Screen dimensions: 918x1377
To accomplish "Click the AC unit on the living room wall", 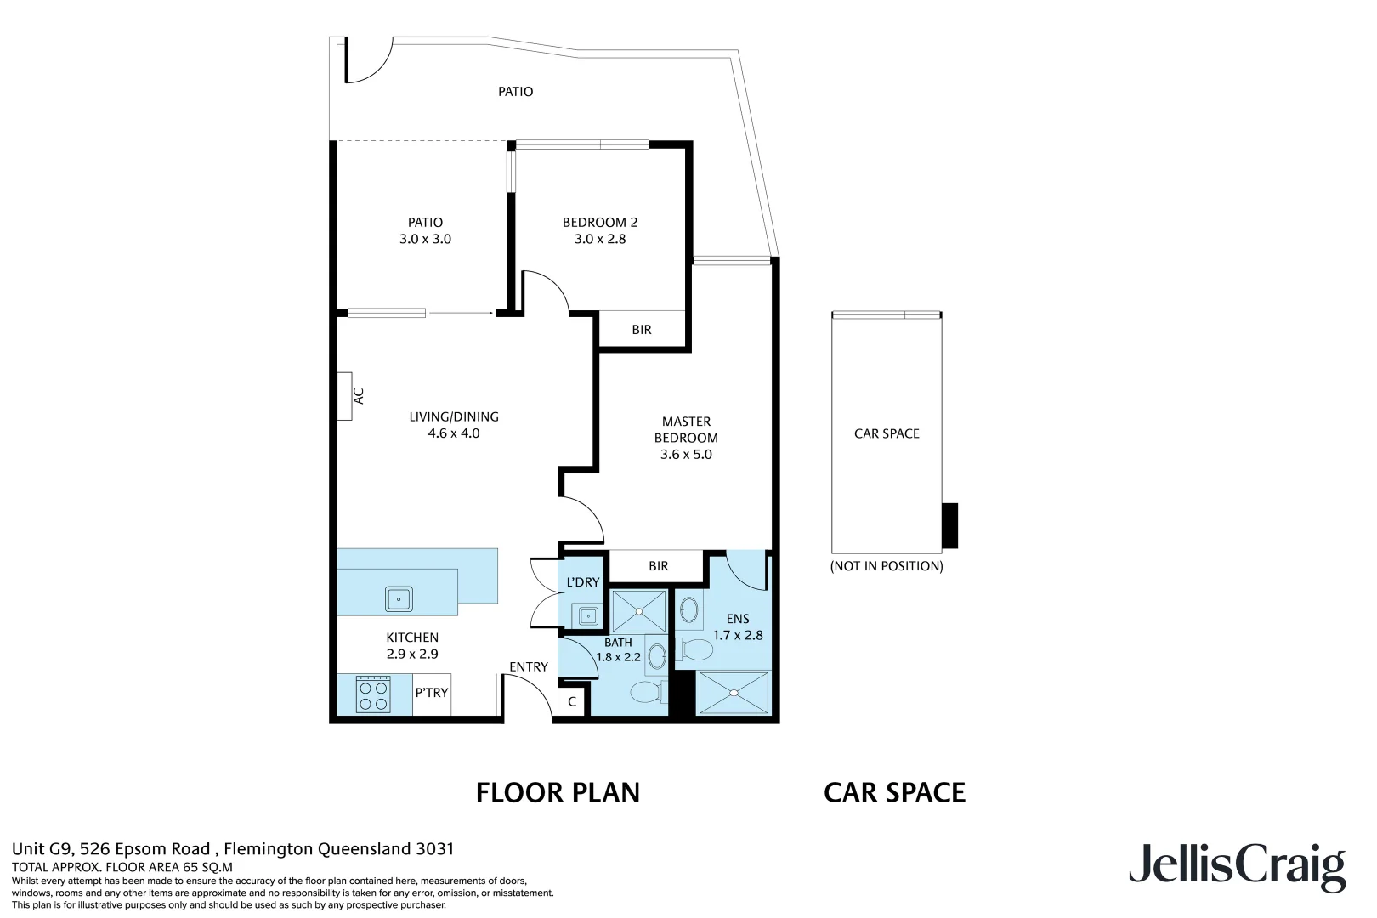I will click(x=344, y=396).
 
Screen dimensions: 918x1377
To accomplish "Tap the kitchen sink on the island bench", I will click(x=399, y=599).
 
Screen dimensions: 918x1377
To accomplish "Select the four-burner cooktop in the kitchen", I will click(x=374, y=694).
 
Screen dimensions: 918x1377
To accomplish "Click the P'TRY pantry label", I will click(x=432, y=693).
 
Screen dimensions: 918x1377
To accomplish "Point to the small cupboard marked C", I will click(x=572, y=702).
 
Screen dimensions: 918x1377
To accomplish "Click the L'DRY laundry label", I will click(x=583, y=582).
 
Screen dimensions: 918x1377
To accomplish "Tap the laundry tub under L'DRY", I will click(x=586, y=615).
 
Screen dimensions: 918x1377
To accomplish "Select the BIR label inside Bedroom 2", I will click(x=642, y=330).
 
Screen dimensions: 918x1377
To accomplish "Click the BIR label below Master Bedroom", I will click(x=659, y=566).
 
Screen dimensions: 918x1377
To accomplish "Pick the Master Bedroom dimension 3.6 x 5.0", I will click(x=686, y=455).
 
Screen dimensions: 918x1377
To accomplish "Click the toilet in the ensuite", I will click(x=694, y=651).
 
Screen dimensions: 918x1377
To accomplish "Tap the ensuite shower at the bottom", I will click(x=732, y=693).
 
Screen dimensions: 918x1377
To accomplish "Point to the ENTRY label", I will click(x=529, y=667).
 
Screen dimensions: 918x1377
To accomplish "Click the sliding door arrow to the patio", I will click(x=462, y=314).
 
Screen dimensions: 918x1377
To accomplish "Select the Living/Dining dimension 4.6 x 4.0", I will click(x=454, y=433).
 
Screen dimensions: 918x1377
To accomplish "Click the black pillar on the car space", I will click(x=949, y=525).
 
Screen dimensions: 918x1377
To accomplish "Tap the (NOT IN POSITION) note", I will click(x=887, y=566).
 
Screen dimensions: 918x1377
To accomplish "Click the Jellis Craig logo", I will click(x=1237, y=866).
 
